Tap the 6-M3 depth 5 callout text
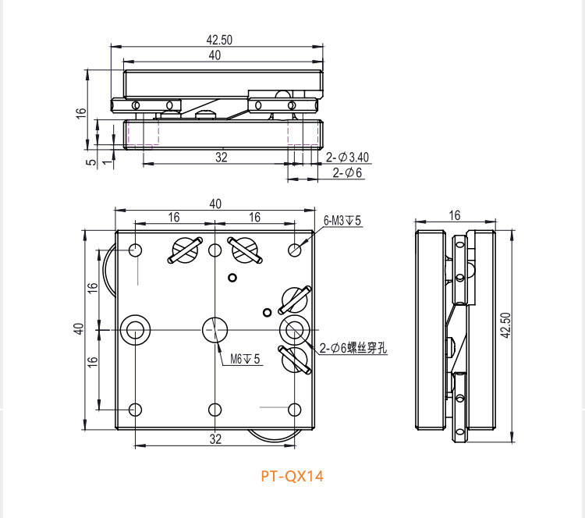[342, 221]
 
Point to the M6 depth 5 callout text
[244, 360]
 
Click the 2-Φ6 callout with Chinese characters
[353, 349]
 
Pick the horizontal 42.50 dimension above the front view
[219, 40]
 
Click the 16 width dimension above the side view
[455, 215]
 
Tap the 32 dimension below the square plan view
[215, 438]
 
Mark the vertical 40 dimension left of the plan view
[78, 329]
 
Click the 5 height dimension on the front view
[92, 162]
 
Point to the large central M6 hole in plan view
[214, 330]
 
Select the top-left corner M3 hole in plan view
[136, 250]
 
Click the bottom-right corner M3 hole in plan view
[295, 410]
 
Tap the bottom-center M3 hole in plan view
[214, 410]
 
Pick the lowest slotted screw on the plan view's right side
[294, 358]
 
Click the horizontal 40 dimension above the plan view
[215, 204]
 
